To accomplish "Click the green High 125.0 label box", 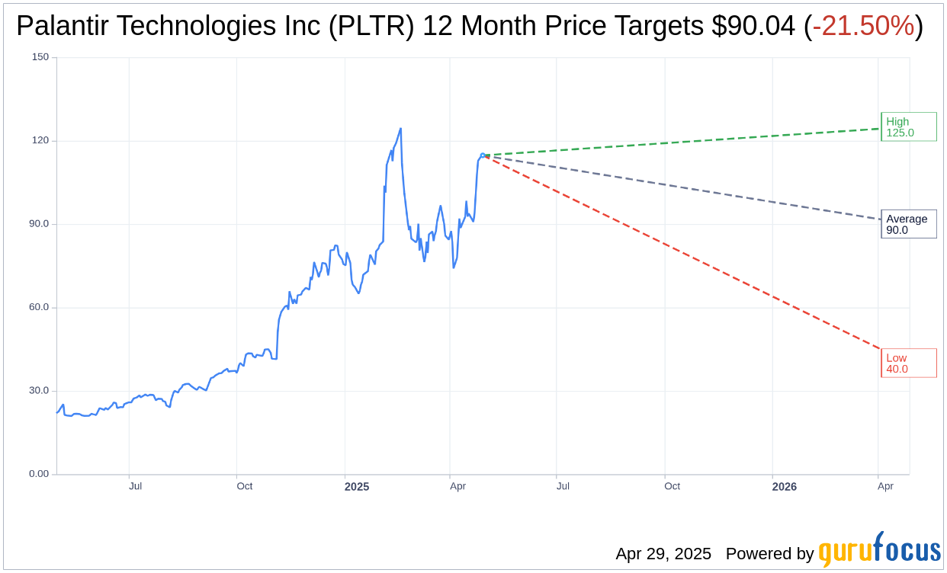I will tap(908, 127).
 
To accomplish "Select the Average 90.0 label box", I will tap(908, 224).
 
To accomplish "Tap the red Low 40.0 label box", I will tap(908, 363).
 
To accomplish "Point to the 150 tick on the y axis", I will tap(40, 57).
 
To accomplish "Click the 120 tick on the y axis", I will tap(40, 140).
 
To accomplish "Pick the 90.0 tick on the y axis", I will tap(38, 224).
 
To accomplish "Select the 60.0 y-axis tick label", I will tap(38, 307).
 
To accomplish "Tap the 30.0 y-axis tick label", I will tap(38, 390).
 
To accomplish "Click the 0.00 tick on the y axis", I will tap(38, 474).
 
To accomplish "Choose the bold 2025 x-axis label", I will tap(356, 486).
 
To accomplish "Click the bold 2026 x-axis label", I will tap(784, 486).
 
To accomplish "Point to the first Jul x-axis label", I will tap(135, 486).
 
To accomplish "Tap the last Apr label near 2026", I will tap(885, 486).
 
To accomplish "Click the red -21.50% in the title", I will tap(863, 27).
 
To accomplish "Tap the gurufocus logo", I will tap(879, 551).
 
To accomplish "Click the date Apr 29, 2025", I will tap(663, 554).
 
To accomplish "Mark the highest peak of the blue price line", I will tap(400, 129).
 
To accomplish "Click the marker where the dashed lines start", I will tap(483, 155).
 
